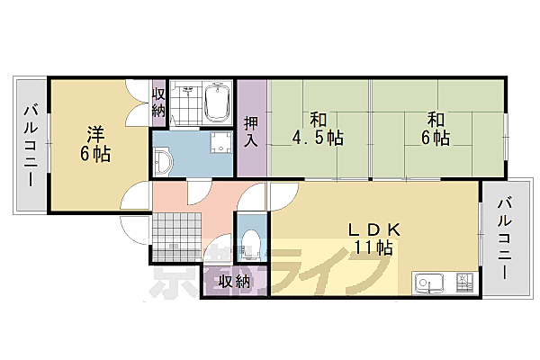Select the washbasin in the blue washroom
161,161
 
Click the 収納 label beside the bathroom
158,102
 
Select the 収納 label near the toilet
236,281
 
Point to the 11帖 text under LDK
371,247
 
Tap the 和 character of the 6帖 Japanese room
436,118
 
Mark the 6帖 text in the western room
97,155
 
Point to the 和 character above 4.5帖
319,118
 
